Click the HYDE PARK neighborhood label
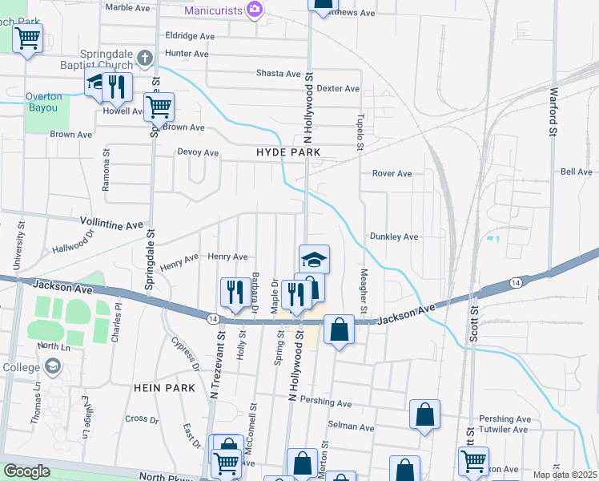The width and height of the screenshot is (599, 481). pyautogui.click(x=288, y=152)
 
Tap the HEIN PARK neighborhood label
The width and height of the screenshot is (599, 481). pyautogui.click(x=164, y=388)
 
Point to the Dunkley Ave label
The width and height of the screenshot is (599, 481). pyautogui.click(x=394, y=237)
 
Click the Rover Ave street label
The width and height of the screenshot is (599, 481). pyautogui.click(x=392, y=174)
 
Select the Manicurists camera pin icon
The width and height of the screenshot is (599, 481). pyautogui.click(x=255, y=10)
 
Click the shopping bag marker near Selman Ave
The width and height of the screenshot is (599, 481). pyautogui.click(x=424, y=414)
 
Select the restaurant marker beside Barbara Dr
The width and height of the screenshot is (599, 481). pyautogui.click(x=234, y=291)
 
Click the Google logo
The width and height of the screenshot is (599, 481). pyautogui.click(x=26, y=471)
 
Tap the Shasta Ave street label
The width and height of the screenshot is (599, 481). pyautogui.click(x=278, y=74)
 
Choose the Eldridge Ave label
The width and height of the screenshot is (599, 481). pyautogui.click(x=190, y=37)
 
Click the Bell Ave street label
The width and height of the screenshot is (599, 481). pyautogui.click(x=576, y=172)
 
